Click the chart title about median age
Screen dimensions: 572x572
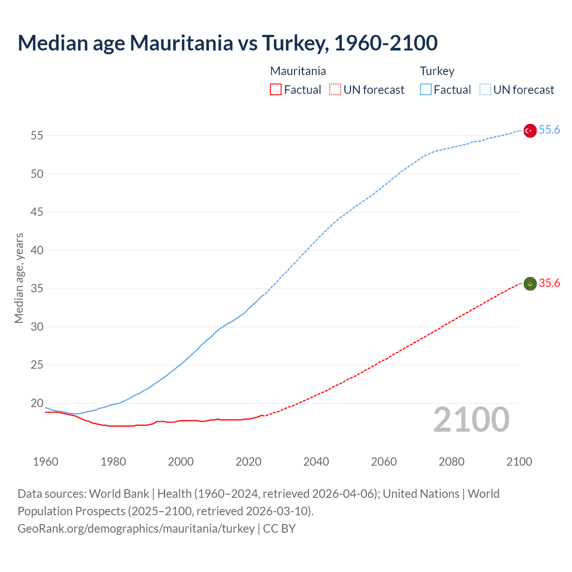pyautogui.click(x=227, y=43)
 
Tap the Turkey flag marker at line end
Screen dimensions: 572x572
pyautogui.click(x=530, y=130)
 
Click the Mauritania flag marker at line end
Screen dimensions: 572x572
pyautogui.click(x=530, y=283)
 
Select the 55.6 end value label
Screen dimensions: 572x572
pyautogui.click(x=549, y=130)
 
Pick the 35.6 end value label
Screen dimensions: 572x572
pyautogui.click(x=549, y=283)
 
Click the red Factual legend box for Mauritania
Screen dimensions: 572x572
pyautogui.click(x=276, y=90)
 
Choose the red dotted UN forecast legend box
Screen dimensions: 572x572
pyautogui.click(x=335, y=90)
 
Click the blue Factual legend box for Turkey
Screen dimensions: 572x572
pyautogui.click(x=425, y=90)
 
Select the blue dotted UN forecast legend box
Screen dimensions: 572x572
pyautogui.click(x=485, y=90)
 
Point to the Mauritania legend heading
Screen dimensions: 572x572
pyautogui.click(x=298, y=71)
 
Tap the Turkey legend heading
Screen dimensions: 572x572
pyautogui.click(x=437, y=71)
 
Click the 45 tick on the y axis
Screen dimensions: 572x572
pyautogui.click(x=37, y=212)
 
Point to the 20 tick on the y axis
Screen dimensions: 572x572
pyautogui.click(x=37, y=403)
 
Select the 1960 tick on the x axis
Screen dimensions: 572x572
pyautogui.click(x=46, y=462)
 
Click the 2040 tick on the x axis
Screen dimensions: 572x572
pyautogui.click(x=316, y=462)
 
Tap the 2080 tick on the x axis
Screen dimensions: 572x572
pyautogui.click(x=451, y=462)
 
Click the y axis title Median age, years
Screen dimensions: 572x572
pyautogui.click(x=19, y=278)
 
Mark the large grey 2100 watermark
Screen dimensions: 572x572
pyautogui.click(x=471, y=419)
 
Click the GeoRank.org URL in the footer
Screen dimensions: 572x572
pyautogui.click(x=136, y=528)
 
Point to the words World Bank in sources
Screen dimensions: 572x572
pyautogui.click(x=119, y=494)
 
